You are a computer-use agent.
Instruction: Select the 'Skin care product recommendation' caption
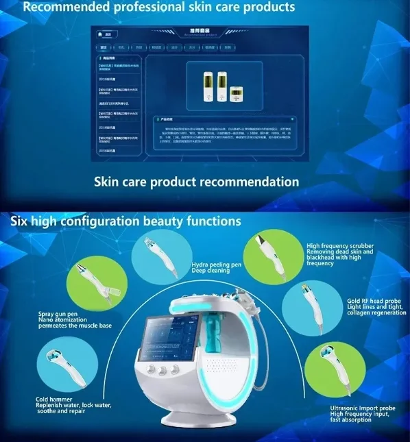[x=196, y=182]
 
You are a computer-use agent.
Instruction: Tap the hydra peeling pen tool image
[x=162, y=255]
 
